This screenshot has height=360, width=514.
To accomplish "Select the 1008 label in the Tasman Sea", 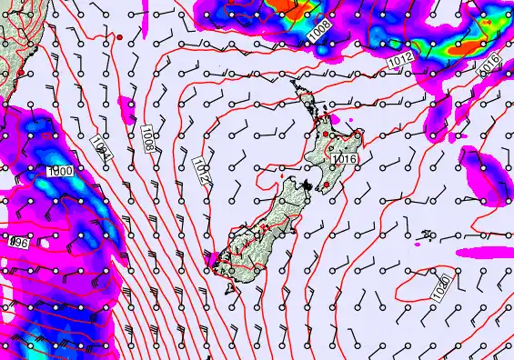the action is click(147, 137).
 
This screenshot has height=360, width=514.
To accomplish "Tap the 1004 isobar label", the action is click(100, 149).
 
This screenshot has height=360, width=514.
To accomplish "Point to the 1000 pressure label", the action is click(61, 171).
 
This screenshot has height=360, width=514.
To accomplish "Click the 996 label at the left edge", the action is click(15, 243).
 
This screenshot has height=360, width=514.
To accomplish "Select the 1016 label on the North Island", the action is click(343, 159).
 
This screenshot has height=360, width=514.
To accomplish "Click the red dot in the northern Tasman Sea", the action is click(119, 36).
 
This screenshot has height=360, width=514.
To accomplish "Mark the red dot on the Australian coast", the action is click(20, 73).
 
